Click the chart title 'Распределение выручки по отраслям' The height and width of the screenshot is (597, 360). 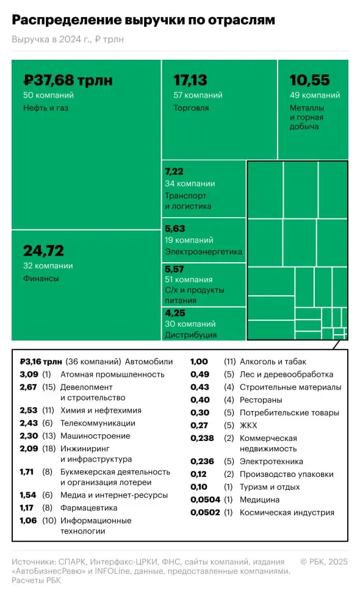click(143, 20)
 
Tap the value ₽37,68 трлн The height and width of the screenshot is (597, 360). click(68, 80)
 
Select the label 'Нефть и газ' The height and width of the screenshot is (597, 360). click(46, 108)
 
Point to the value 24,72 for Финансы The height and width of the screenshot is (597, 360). click(43, 251)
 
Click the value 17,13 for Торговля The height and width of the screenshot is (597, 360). click(190, 80)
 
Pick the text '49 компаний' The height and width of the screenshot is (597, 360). click(314, 95)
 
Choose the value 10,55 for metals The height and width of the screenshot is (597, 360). click(309, 80)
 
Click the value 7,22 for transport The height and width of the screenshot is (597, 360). click(175, 172)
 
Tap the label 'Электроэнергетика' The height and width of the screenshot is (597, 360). click(203, 251)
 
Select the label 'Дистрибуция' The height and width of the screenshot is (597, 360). click(190, 335)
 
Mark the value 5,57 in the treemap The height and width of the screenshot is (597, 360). click(175, 268)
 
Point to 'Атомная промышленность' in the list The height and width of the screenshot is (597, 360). click(112, 374)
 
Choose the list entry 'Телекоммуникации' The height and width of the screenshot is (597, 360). click(98, 423)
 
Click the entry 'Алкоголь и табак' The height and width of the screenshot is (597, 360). click(273, 362)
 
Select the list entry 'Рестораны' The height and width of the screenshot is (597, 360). click(261, 399)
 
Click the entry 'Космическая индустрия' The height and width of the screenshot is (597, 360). click(287, 512)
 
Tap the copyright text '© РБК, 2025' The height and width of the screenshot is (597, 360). click(323, 561)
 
